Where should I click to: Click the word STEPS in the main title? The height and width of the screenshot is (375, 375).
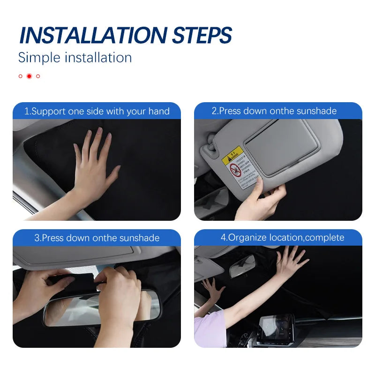(x=202, y=36)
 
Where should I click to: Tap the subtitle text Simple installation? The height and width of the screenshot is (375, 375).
(x=75, y=58)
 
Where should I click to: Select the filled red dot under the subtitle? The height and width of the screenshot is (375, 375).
(x=29, y=76)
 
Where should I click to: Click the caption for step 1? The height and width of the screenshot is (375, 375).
(x=97, y=112)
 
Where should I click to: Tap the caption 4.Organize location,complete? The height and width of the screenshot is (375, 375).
(x=282, y=238)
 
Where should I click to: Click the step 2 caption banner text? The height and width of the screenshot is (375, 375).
(x=274, y=111)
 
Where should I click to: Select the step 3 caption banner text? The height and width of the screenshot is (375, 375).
(x=97, y=238)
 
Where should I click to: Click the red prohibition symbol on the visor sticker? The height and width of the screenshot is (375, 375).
(x=235, y=169)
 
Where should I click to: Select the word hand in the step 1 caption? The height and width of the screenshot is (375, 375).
(x=159, y=112)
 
